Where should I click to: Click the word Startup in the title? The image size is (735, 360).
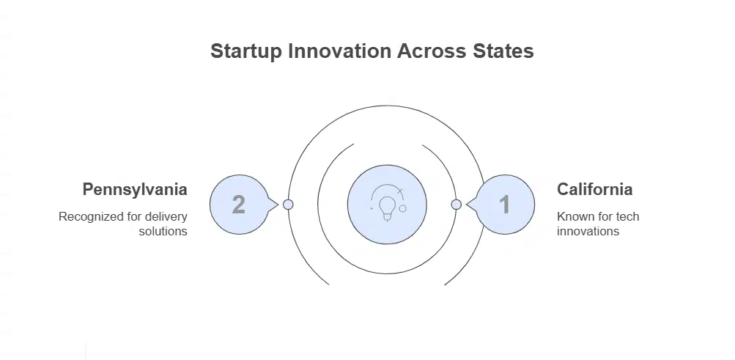pyautogui.click(x=244, y=52)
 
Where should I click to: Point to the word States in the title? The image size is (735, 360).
pyautogui.click(x=501, y=52)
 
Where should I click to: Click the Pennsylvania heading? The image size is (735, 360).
pyautogui.click(x=135, y=190)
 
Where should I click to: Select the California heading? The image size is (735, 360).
pyautogui.click(x=594, y=190)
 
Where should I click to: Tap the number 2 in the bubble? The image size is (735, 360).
pyautogui.click(x=238, y=205)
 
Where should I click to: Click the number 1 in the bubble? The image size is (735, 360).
pyautogui.click(x=504, y=205)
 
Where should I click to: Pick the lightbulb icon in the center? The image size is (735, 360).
pyautogui.click(x=387, y=203)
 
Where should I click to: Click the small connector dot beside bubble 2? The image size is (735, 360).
pyautogui.click(x=288, y=205)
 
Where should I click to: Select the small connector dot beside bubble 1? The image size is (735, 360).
pyautogui.click(x=456, y=205)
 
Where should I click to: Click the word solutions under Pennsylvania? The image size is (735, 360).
pyautogui.click(x=163, y=232)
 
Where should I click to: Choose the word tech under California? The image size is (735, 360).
pyautogui.click(x=627, y=217)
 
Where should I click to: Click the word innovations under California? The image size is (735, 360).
pyautogui.click(x=588, y=232)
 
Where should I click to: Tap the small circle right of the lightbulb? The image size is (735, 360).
pyautogui.click(x=402, y=208)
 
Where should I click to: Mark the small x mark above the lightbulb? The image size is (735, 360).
pyautogui.click(x=399, y=191)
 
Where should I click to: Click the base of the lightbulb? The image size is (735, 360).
pyautogui.click(x=387, y=216)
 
